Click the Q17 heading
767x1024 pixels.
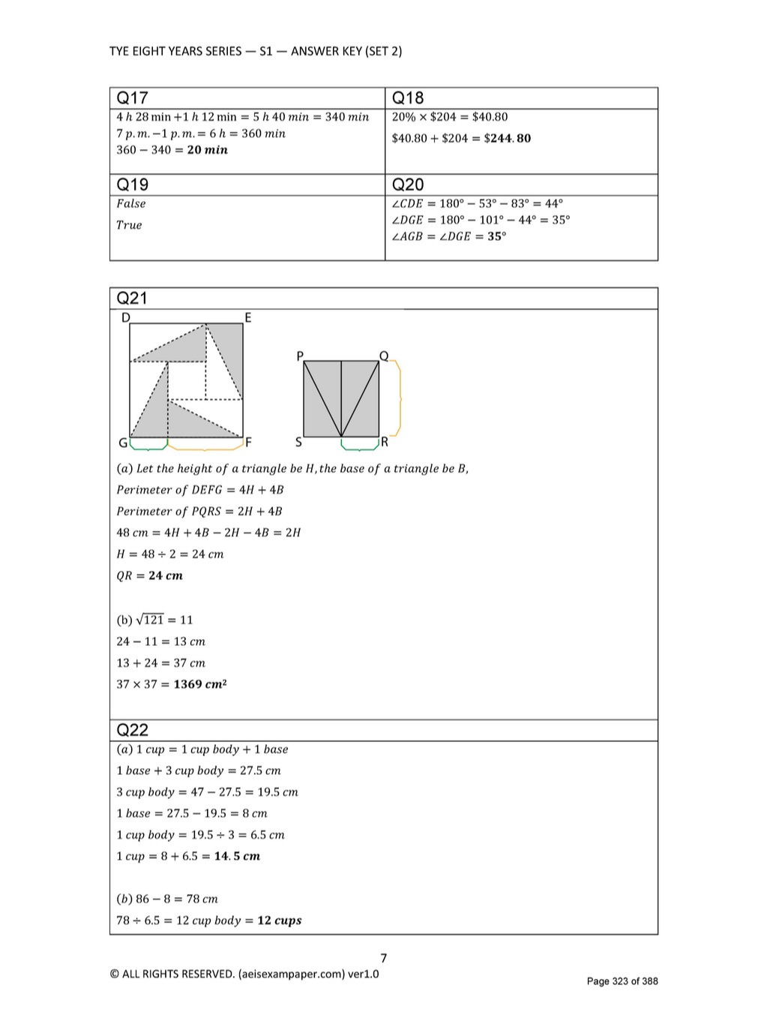[133, 98]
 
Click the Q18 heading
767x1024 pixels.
[408, 98]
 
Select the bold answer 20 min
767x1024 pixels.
[207, 150]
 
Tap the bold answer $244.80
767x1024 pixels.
[508, 138]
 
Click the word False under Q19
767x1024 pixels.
[131, 203]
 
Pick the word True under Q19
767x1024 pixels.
[129, 225]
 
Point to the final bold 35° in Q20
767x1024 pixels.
[497, 236]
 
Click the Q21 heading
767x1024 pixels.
[133, 298]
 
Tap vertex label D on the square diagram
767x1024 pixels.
[125, 318]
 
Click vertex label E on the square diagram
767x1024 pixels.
[248, 318]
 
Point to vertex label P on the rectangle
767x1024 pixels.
[300, 356]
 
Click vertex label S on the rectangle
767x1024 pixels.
[298, 442]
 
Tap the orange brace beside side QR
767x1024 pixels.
[398, 398]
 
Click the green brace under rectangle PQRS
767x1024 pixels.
[360, 446]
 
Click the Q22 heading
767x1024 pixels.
[133, 730]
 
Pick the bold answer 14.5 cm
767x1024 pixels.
[237, 856]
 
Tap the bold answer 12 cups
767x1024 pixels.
[279, 920]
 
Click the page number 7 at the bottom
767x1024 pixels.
[384, 958]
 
